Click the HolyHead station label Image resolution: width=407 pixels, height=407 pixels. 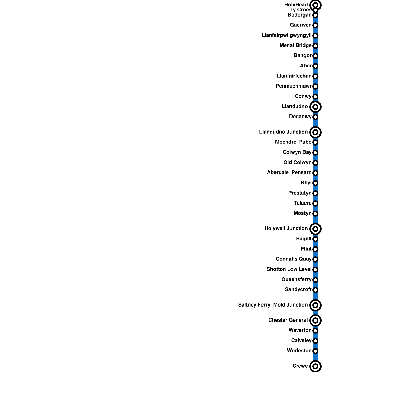click(296, 5)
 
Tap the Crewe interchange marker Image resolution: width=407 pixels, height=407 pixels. click(315, 366)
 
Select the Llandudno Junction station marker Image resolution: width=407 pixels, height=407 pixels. click(315, 132)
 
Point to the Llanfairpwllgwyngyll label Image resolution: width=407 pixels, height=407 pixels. click(286, 35)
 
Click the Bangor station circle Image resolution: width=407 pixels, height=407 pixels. click(315, 56)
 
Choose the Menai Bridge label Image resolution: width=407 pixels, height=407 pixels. click(295, 46)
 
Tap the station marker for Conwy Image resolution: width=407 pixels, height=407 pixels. click(315, 97)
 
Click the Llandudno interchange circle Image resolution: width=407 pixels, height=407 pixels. click(315, 107)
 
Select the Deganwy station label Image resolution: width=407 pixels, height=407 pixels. click(300, 117)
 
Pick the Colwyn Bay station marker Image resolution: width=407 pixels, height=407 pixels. click(315, 153)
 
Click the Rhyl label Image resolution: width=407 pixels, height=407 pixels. click(306, 183)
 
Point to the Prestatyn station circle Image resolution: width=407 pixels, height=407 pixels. click(315, 193)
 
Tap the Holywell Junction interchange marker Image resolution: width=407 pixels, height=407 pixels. click(315, 229)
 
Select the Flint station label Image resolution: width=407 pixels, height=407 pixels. click(306, 249)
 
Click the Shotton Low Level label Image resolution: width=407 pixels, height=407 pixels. click(289, 269)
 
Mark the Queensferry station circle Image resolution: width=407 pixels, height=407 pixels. click(315, 280)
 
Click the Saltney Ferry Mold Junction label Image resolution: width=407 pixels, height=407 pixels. click(273, 305)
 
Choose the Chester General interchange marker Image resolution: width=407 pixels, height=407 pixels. click(315, 321)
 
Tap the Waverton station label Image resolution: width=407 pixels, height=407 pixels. click(300, 330)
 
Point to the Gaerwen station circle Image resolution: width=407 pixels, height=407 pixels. click(315, 25)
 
